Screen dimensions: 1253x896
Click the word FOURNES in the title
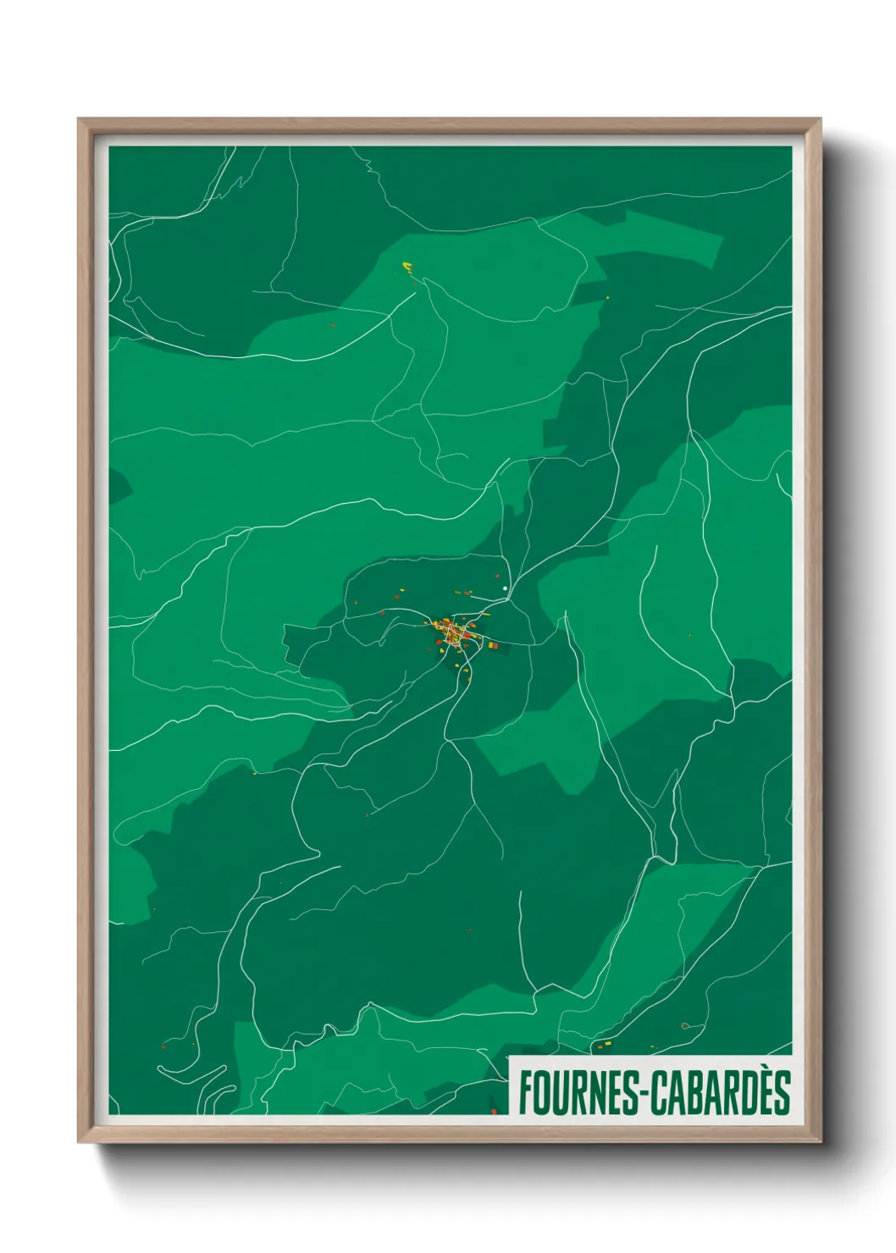point(578,1092)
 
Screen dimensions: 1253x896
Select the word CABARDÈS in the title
point(721,1092)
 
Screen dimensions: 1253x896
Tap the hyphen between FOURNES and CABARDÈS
point(644,1095)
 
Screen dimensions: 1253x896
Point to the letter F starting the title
point(524,1092)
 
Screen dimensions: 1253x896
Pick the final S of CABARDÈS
point(781,1092)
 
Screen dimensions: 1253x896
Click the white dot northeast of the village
point(505,588)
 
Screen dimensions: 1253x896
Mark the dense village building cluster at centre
point(453,632)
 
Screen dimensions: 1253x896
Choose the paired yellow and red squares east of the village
point(491,646)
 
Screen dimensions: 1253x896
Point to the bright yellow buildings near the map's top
point(407,268)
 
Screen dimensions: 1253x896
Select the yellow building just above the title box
point(603,1046)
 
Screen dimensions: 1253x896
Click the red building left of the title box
point(494,1109)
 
